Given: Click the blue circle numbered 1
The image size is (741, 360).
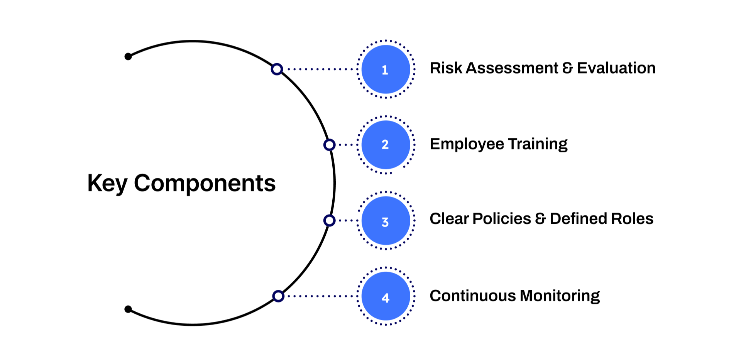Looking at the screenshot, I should click(386, 69).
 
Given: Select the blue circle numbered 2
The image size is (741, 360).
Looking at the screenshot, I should click(386, 145).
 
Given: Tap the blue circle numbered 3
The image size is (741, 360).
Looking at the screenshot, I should click(386, 221).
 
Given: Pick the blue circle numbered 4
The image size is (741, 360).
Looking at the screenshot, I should click(386, 296).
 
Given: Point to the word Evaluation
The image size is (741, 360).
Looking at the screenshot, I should click(616, 68).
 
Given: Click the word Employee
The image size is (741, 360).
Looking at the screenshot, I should click(467, 144).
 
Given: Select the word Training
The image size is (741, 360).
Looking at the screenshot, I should click(538, 144).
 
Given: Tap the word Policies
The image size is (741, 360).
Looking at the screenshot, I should click(502, 219).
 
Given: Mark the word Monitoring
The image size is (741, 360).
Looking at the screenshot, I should click(560, 296).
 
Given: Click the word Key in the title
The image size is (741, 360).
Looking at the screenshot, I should click(107, 183).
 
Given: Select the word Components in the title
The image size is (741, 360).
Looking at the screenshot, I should click(205, 183).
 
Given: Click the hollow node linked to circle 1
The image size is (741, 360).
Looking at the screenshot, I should click(277, 69).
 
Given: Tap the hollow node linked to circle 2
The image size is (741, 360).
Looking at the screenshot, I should click(329, 145).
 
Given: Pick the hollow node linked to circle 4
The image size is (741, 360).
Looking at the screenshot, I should click(278, 296).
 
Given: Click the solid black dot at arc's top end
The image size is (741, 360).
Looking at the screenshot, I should click(128, 57).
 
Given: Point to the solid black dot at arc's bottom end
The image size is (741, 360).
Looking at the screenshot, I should click(128, 309).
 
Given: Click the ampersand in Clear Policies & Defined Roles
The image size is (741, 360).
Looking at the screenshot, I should click(540, 219).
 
